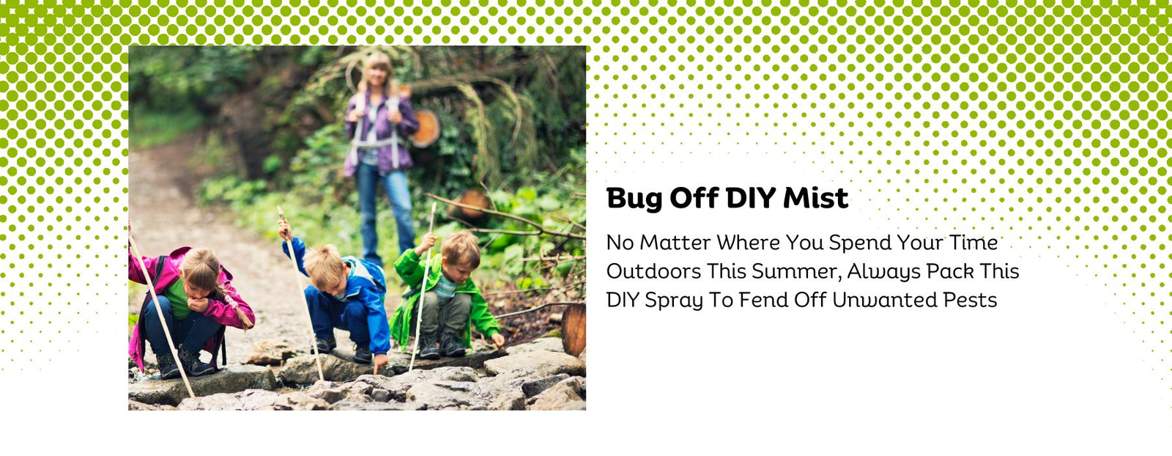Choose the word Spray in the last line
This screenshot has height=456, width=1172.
click(x=673, y=301)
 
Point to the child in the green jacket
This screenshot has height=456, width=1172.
click(x=447, y=293)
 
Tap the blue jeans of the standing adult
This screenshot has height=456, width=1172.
click(x=385, y=205)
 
